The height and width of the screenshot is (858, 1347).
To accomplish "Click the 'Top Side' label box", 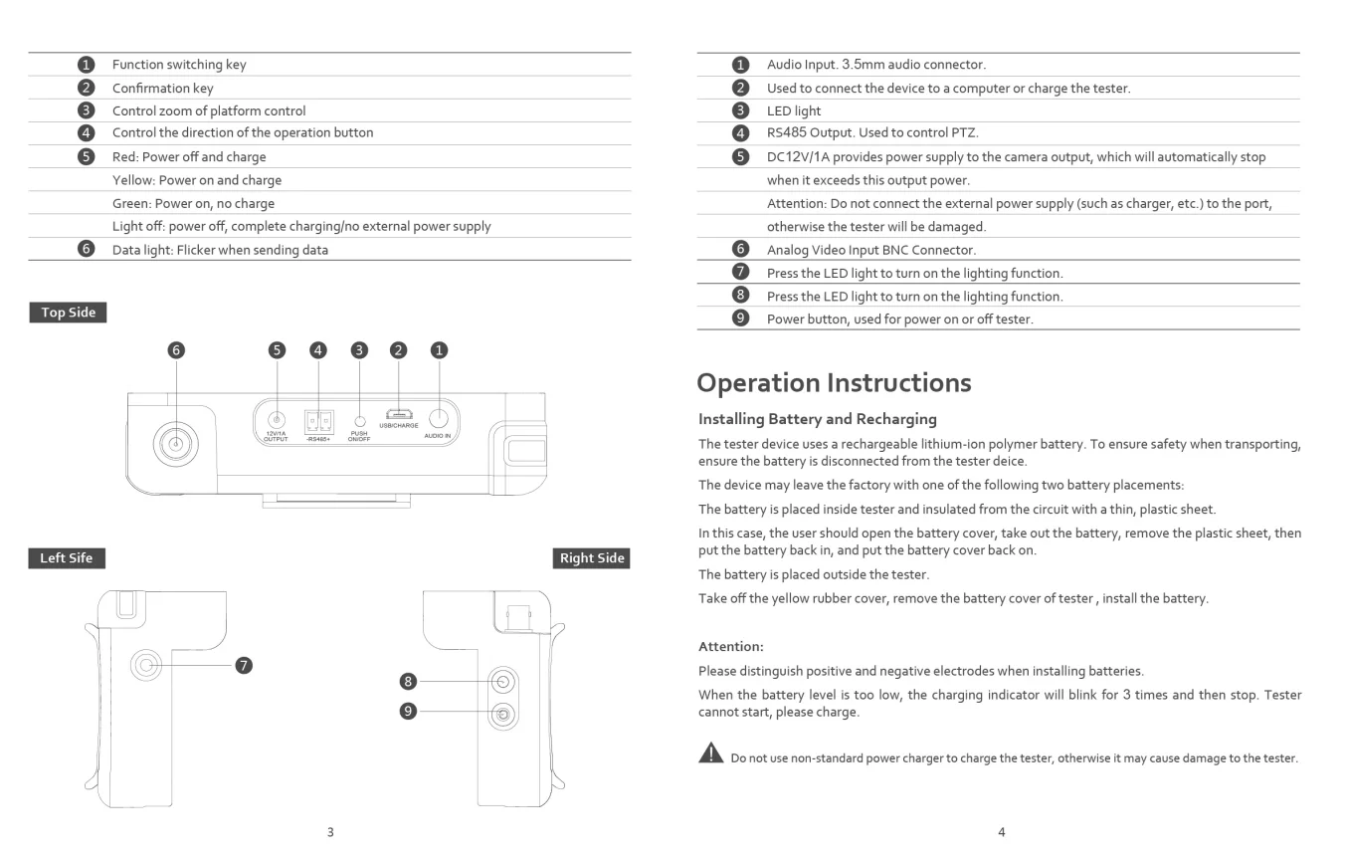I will pyautogui.click(x=68, y=313).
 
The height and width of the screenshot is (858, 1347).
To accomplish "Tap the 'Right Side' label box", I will pyautogui.click(x=592, y=558).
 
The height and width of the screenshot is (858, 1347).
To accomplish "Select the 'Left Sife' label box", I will pyautogui.click(x=66, y=558).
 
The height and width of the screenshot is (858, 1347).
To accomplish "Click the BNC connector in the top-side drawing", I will pyautogui.click(x=177, y=444).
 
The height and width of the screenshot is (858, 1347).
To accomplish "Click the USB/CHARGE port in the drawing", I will pyautogui.click(x=399, y=414).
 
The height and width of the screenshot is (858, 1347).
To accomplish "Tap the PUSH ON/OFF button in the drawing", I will pyautogui.click(x=359, y=422).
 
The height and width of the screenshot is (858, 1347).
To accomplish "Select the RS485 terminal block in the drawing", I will pyautogui.click(x=318, y=419).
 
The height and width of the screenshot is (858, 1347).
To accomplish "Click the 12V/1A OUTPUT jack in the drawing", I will pyautogui.click(x=277, y=420).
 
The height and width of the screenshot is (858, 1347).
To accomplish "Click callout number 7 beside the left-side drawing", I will pyautogui.click(x=243, y=664).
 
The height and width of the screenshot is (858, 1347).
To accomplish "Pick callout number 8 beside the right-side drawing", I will pyautogui.click(x=407, y=682).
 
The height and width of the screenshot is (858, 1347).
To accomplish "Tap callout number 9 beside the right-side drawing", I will pyautogui.click(x=407, y=712).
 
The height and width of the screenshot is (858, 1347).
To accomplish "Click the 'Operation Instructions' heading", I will pyautogui.click(x=834, y=382).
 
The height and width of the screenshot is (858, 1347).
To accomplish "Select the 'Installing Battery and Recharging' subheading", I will pyautogui.click(x=817, y=419).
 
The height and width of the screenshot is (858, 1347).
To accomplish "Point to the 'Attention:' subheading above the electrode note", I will pyautogui.click(x=731, y=646).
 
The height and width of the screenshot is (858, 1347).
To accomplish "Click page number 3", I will pyautogui.click(x=330, y=832).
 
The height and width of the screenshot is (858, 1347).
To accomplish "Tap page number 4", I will pyautogui.click(x=1001, y=832).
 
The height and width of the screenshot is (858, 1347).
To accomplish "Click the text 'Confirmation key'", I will pyautogui.click(x=162, y=88).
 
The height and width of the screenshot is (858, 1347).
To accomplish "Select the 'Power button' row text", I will pyautogui.click(x=899, y=319).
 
